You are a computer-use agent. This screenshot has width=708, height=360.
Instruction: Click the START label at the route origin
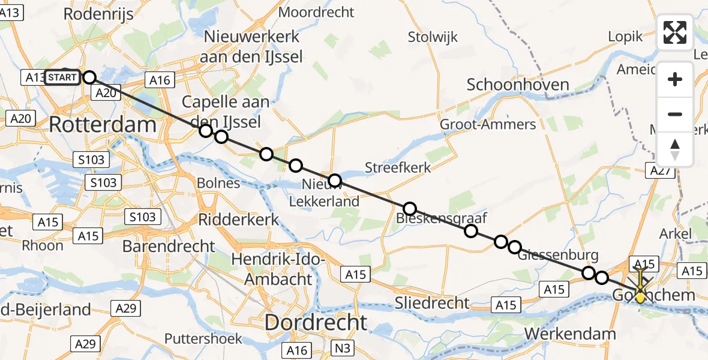pyautogui.click(x=62, y=77)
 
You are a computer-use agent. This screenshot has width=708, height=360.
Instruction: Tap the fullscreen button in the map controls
pyautogui.click(x=675, y=32)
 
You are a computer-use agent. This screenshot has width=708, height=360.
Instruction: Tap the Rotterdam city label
pyautogui.click(x=102, y=125)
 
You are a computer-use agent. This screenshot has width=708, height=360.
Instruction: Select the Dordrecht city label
pyautogui.click(x=316, y=323)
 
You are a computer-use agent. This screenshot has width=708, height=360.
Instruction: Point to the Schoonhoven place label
pyautogui.click(x=518, y=85)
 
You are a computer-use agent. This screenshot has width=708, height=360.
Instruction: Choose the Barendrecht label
pyautogui.click(x=169, y=246)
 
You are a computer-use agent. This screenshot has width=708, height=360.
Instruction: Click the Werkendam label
pyautogui.click(x=570, y=334)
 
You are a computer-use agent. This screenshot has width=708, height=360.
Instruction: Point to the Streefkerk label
pyautogui.click(x=398, y=167)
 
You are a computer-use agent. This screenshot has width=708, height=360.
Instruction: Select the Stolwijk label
pyautogui.click(x=433, y=37)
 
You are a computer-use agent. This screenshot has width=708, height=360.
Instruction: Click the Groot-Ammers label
pyautogui.click(x=488, y=124)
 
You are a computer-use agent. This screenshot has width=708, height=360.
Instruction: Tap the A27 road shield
pyautogui.click(x=661, y=171)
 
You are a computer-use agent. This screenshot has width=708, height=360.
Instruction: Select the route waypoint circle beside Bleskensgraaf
pyautogui.click(x=410, y=209)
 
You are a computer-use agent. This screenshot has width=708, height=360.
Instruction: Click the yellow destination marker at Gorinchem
pyautogui.click(x=640, y=296)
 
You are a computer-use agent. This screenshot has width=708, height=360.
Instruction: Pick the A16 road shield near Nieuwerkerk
pyautogui.click(x=159, y=80)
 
